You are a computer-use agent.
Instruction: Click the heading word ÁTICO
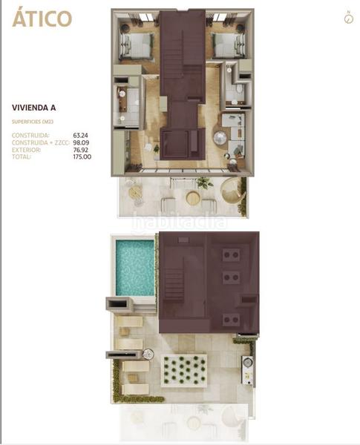coord(42,19)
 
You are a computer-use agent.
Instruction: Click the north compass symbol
coord(348,18)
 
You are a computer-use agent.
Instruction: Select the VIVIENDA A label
coord(36,108)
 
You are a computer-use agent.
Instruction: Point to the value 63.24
coord(80,136)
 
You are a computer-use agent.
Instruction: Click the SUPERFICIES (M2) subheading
coord(30,121)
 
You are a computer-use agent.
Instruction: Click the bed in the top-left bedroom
coord(134,46)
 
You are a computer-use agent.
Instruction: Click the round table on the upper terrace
coord(193,198)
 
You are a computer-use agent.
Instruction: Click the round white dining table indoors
coord(220,138)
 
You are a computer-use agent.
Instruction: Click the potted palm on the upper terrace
coord(204,182)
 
